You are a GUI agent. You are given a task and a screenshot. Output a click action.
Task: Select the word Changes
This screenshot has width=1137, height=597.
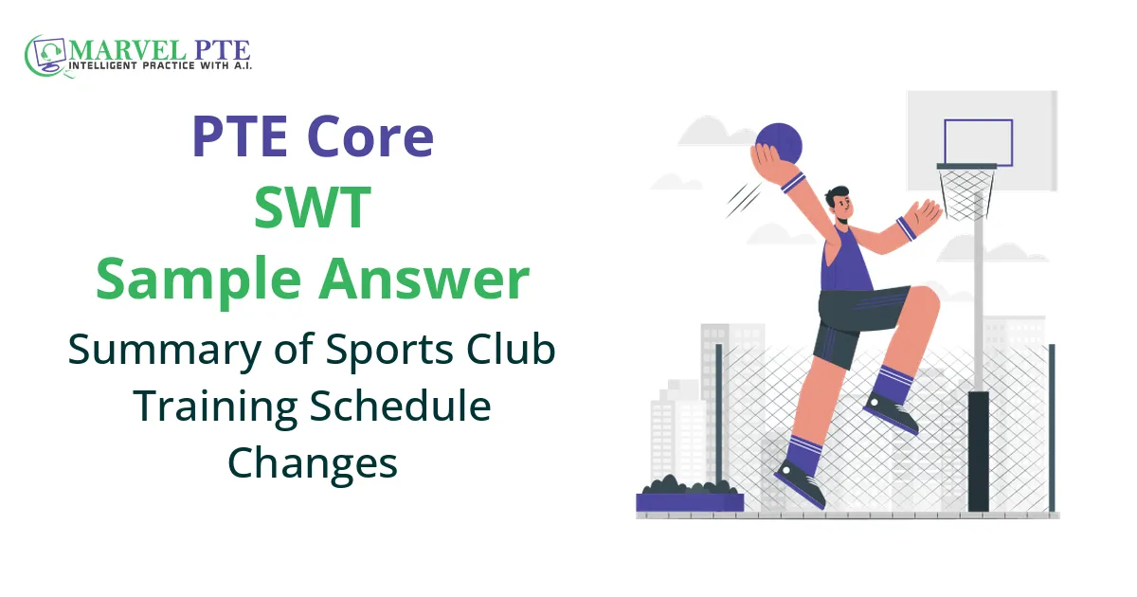[x=312, y=463]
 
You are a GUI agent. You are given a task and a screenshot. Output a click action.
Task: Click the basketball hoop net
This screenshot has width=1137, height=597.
[x=967, y=194]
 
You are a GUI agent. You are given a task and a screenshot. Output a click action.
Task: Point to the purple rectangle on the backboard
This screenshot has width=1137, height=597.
[x=978, y=142]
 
